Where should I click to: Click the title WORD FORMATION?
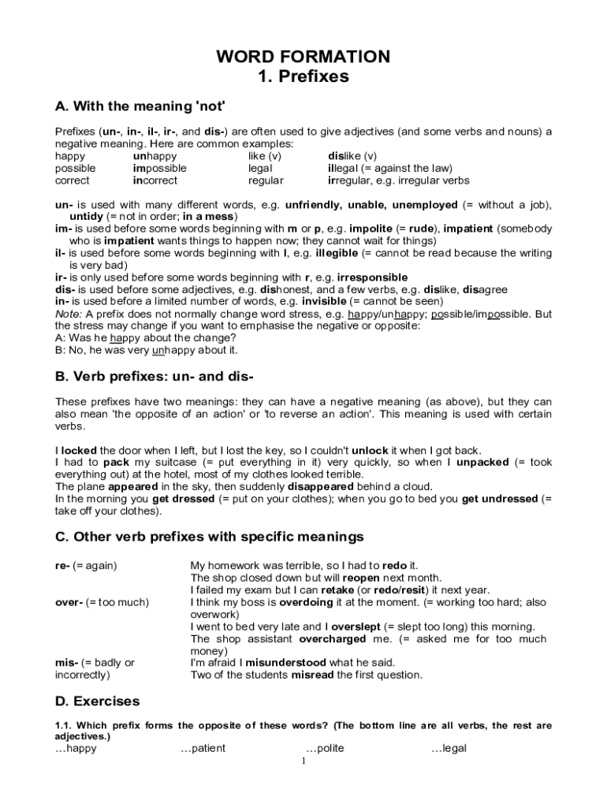(x=303, y=57)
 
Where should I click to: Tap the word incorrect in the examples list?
(x=155, y=180)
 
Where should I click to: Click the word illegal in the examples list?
(x=346, y=168)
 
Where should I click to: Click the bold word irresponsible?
(x=372, y=277)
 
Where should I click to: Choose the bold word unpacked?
(x=482, y=463)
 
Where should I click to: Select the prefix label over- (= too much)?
(x=102, y=602)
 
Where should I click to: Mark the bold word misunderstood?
(x=280, y=663)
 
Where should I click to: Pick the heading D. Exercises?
(x=97, y=701)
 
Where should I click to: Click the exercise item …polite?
(x=325, y=749)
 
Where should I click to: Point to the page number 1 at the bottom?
(x=303, y=761)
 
